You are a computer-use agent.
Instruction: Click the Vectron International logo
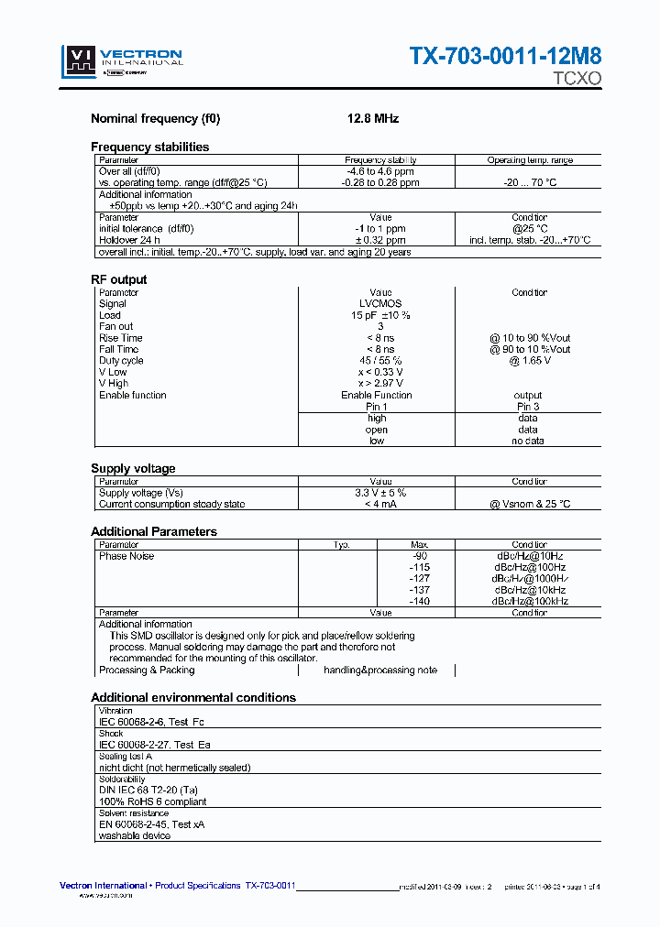(122, 61)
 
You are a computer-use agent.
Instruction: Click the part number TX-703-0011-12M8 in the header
(505, 57)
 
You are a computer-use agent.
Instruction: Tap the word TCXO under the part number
(577, 79)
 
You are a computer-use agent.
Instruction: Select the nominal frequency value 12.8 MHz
(372, 119)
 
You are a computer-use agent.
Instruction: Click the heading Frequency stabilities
(149, 147)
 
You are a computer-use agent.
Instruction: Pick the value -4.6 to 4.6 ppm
(380, 171)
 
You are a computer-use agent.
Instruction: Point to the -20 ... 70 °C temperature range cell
(530, 182)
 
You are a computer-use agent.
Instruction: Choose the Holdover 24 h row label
(137, 240)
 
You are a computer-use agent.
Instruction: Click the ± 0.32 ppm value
(380, 240)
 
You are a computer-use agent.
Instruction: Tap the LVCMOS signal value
(379, 303)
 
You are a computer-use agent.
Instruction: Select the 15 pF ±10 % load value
(380, 315)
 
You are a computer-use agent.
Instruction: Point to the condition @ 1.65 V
(529, 361)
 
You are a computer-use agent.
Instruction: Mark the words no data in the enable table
(529, 441)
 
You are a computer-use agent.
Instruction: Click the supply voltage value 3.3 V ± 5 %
(380, 493)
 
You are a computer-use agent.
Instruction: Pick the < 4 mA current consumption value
(380, 504)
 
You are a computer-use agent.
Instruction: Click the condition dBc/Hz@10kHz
(529, 590)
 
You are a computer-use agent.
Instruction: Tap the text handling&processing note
(380, 670)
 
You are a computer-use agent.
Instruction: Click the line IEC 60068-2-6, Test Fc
(151, 722)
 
